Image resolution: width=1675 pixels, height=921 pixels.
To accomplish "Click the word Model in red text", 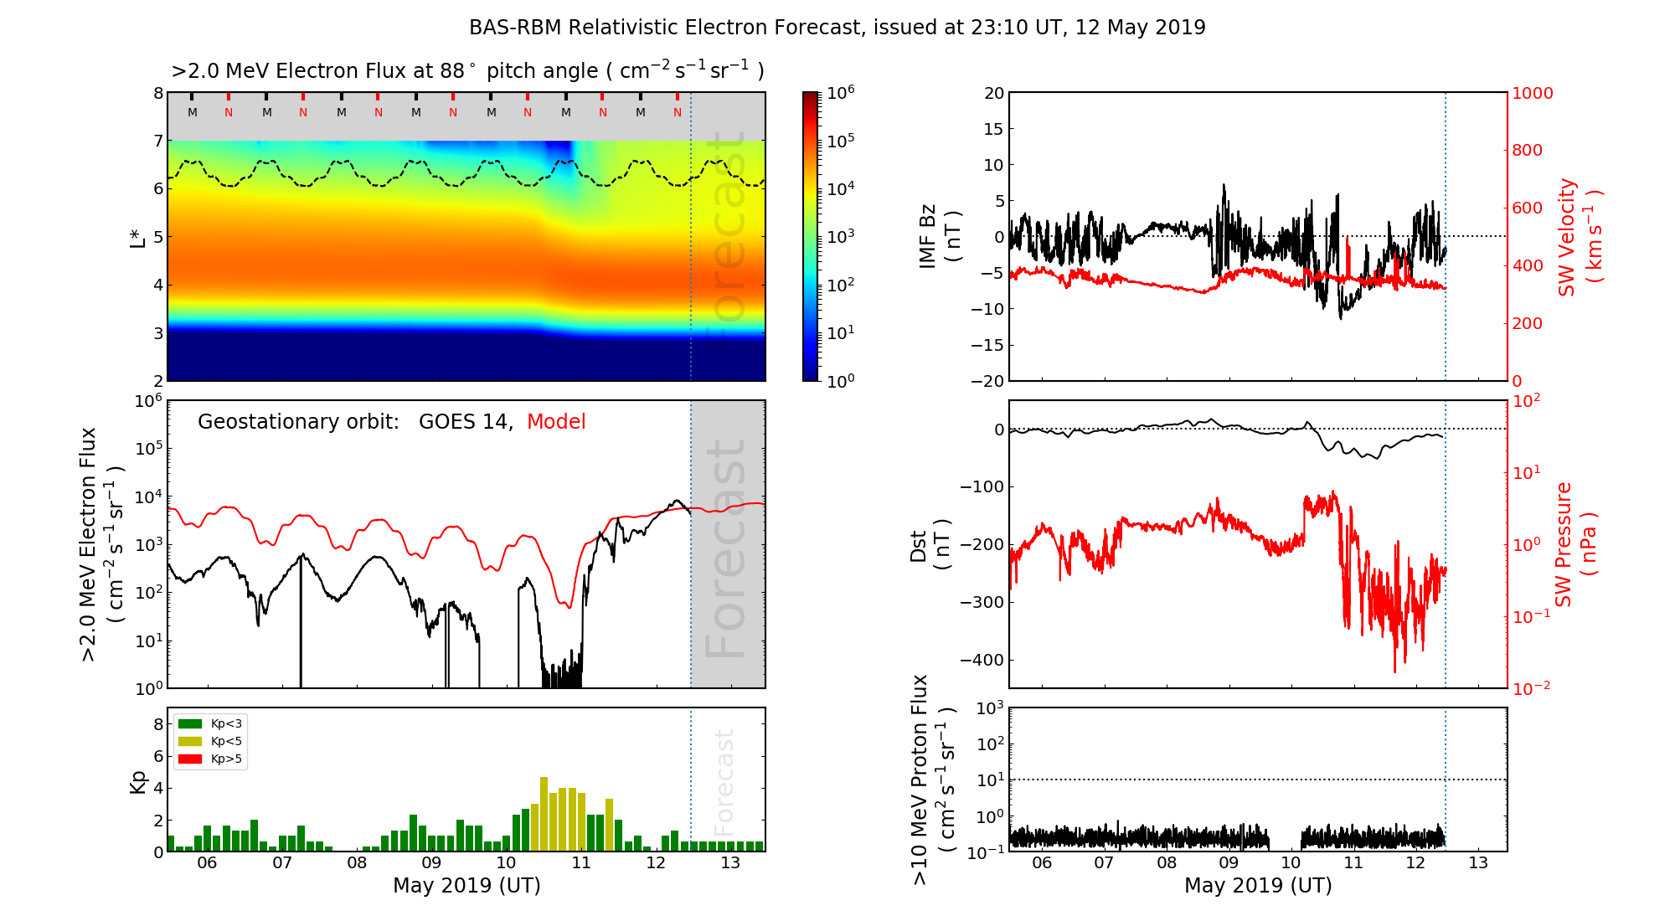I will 556,422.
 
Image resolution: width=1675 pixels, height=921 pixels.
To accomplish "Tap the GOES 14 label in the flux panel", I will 464,422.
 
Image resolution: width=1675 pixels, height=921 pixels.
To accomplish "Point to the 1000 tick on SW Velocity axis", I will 1532,93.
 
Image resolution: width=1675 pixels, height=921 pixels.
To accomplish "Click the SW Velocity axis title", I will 1580,236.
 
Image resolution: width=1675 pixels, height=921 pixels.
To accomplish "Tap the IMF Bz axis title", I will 940,236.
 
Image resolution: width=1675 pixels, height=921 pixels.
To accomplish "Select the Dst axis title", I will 930,545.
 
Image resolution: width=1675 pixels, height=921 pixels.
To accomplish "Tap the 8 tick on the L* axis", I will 157,93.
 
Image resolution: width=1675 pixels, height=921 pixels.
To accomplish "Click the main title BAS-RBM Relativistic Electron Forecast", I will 837,28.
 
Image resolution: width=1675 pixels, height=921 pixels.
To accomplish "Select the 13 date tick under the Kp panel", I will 730,863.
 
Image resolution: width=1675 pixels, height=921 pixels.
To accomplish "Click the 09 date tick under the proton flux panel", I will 1229,863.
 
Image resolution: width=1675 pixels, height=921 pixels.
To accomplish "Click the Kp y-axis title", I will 138,781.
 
